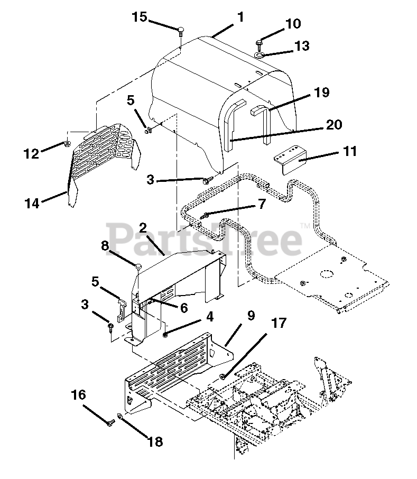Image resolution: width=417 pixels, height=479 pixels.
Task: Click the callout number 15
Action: [x=140, y=17]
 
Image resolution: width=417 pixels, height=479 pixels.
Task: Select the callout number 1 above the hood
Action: [x=240, y=17]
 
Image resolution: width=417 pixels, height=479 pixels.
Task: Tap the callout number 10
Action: [x=292, y=24]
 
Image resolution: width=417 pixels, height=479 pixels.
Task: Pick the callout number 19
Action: [x=321, y=93]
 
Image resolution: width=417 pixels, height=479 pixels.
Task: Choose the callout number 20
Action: [x=334, y=125]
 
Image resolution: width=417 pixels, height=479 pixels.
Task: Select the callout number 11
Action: [x=349, y=151]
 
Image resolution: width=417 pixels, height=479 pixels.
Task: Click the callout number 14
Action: [x=32, y=203]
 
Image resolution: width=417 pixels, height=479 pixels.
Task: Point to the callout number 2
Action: [x=143, y=229]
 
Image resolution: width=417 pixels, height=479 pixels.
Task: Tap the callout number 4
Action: [x=210, y=317]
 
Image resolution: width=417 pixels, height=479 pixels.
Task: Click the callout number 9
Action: [x=251, y=317]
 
